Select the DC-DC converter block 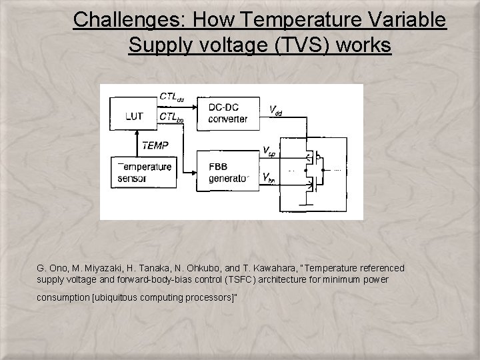227,114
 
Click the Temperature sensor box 144,172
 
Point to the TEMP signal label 155,144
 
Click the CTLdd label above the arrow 171,97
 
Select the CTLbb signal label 171,118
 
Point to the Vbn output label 269,177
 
